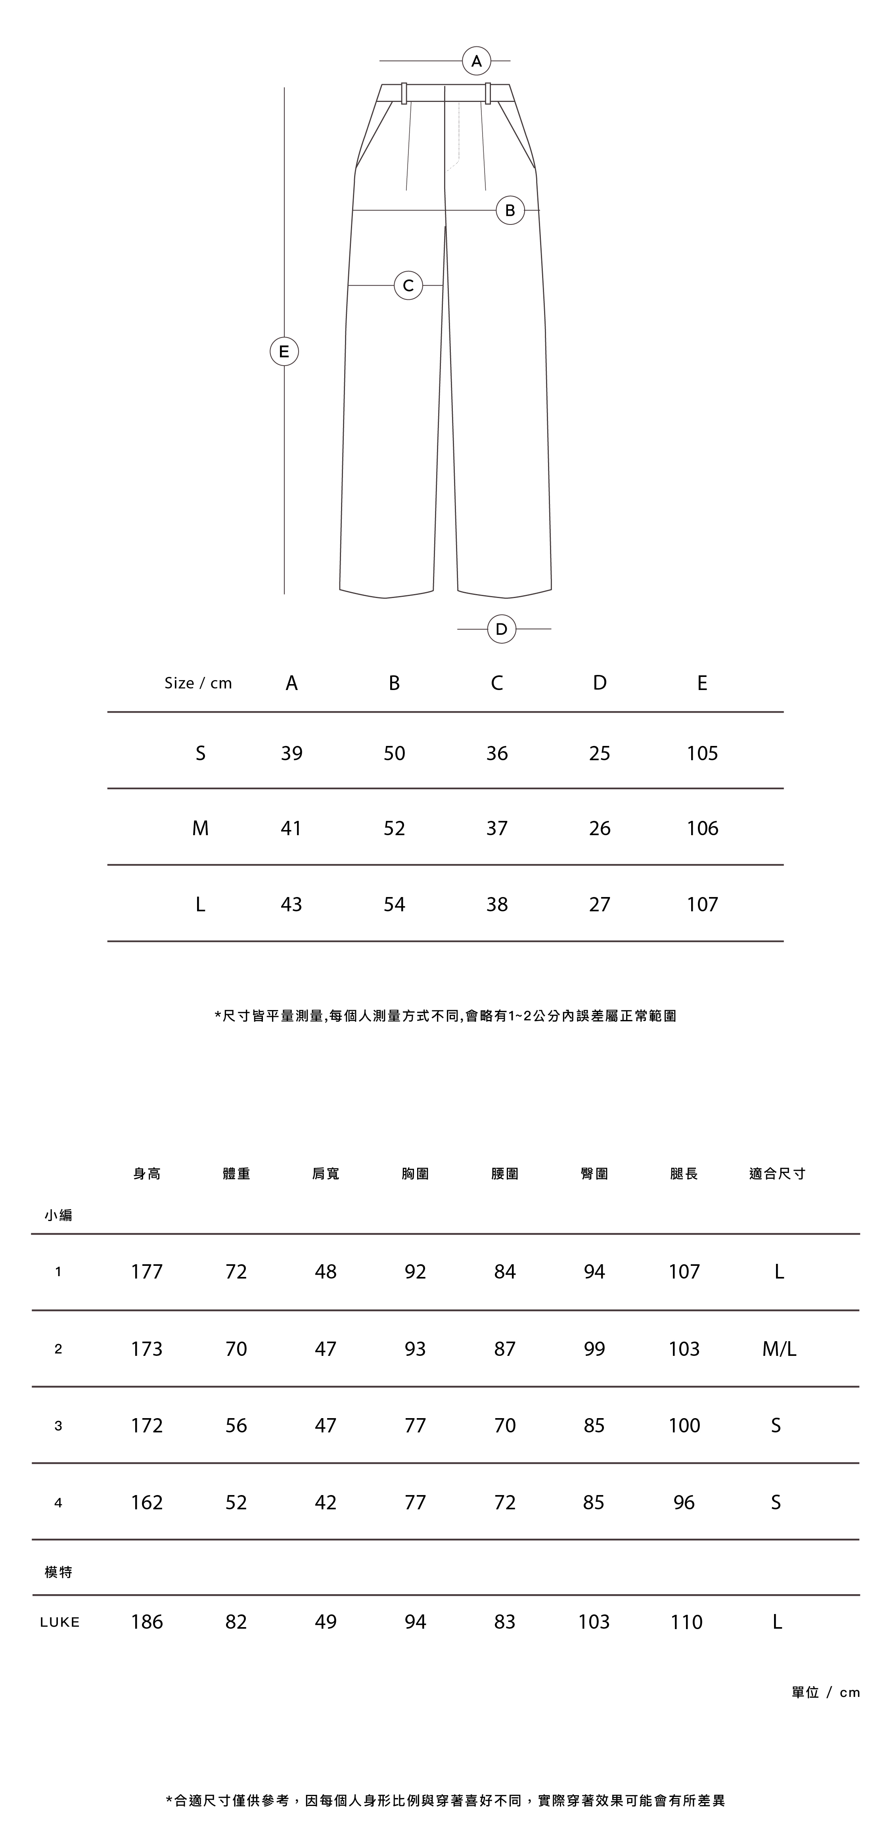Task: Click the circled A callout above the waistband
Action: point(476,61)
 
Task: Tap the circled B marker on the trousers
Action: point(510,210)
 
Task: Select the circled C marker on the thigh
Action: point(408,286)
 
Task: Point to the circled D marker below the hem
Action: point(502,629)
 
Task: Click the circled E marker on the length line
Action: point(284,351)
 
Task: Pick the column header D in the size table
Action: point(600,683)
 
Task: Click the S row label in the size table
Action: point(200,753)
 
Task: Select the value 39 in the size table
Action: point(291,753)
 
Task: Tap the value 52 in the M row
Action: point(394,828)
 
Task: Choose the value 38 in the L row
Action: point(496,905)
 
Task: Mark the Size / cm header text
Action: point(198,683)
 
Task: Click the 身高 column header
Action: point(147,1174)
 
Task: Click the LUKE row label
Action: point(59,1622)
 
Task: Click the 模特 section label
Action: point(58,1572)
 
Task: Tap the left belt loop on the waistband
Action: point(404,93)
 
